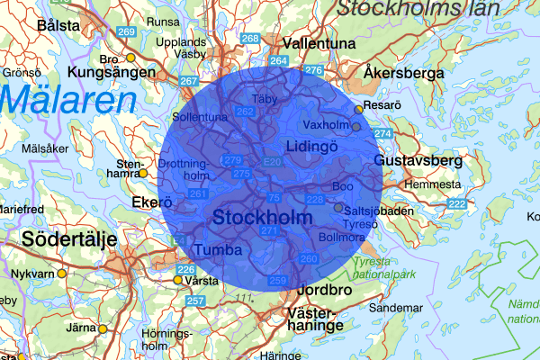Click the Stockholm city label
click(263, 218)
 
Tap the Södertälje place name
click(58, 240)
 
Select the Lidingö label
click(310, 146)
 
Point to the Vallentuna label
click(314, 42)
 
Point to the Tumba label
click(219, 248)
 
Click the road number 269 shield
click(126, 32)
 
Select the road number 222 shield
click(457, 204)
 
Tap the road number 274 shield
click(383, 133)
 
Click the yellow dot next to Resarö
click(358, 109)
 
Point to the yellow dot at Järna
click(102, 329)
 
